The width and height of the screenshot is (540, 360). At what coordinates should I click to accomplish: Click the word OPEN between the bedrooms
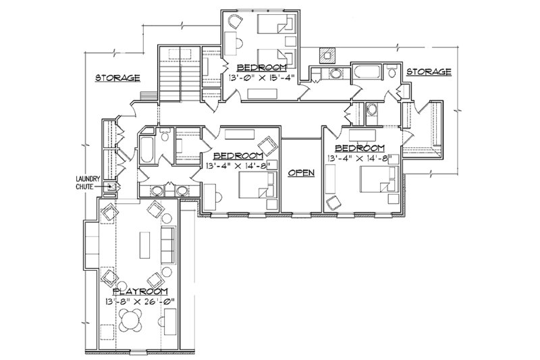click(x=300, y=173)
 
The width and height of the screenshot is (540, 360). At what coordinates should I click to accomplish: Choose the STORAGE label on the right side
click(x=428, y=71)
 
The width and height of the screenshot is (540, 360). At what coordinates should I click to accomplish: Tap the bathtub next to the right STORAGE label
click(x=367, y=72)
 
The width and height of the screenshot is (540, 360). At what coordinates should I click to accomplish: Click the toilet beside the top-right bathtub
click(x=392, y=72)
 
